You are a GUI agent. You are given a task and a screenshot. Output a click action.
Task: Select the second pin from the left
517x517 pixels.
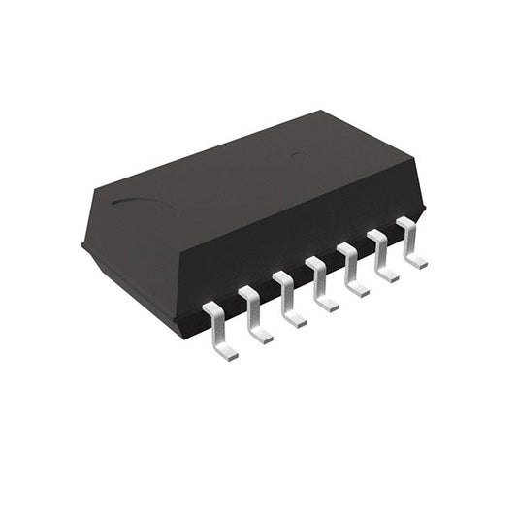tap(253, 313)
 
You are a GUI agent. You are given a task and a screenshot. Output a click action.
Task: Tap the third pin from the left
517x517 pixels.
tap(286, 298)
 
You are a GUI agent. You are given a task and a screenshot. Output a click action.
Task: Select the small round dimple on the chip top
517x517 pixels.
tap(301, 155)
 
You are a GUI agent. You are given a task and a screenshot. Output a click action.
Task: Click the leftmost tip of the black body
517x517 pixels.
tap(83, 246)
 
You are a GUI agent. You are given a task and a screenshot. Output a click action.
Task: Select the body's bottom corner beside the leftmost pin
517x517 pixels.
tap(178, 333)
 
